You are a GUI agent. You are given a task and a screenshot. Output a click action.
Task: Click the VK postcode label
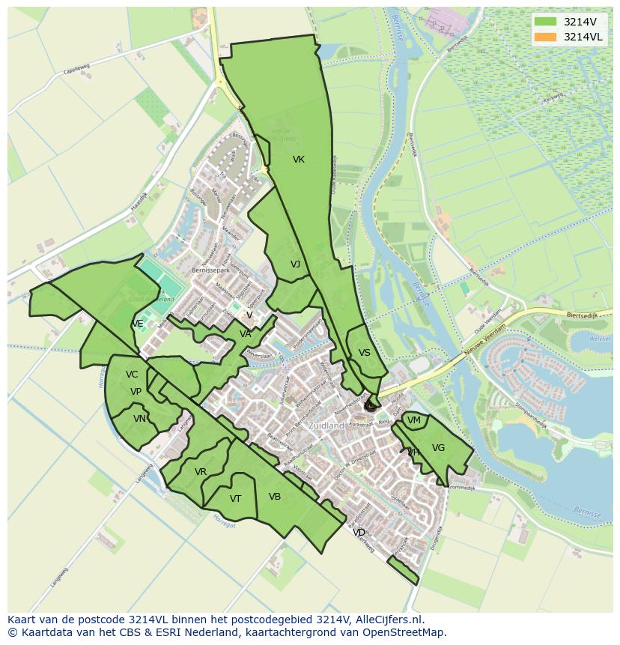[x=299, y=160]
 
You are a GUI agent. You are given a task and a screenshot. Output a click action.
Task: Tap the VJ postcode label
[x=295, y=264]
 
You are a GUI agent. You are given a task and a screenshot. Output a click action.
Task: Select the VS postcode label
[x=365, y=353]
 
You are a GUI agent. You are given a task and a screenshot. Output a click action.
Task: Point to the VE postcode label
[x=138, y=324]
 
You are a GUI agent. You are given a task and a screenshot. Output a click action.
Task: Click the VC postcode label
[x=132, y=375]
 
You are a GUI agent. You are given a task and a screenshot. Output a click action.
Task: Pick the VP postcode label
[x=136, y=392]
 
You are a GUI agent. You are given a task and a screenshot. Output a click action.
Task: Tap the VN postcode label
[x=139, y=419]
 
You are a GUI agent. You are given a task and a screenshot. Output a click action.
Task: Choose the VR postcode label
[x=201, y=472]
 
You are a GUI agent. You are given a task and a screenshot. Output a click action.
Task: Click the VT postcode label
[x=235, y=499]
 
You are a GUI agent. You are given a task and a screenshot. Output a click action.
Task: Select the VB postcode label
[x=275, y=497]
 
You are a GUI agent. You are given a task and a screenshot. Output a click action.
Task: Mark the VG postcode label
[x=439, y=448]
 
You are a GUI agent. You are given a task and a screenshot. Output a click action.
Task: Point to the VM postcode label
[x=413, y=421]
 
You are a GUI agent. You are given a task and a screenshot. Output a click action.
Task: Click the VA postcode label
[x=246, y=334]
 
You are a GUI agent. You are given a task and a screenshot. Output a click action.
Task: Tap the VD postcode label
[x=359, y=533]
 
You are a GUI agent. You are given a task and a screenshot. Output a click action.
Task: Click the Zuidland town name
[x=326, y=426]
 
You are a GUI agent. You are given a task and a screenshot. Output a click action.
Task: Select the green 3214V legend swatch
[x=546, y=22]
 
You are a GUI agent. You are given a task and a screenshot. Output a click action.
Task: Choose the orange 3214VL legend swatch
[x=546, y=37]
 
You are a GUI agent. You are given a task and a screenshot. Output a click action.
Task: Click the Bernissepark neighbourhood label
[x=208, y=270]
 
